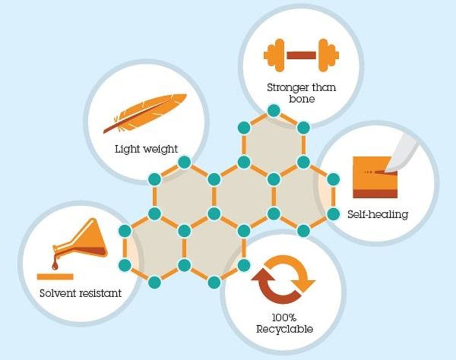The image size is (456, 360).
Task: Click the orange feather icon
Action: tap(145, 113)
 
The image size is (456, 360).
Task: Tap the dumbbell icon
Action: tap(301, 55)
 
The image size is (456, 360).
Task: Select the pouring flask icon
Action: tap(80, 244)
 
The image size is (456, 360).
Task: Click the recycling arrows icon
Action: tap(283, 280)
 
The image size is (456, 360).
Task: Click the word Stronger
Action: tap(288, 88)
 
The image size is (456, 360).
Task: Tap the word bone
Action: tap(302, 99)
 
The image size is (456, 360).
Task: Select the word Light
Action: tap(125, 149)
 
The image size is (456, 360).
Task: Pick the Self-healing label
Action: tap(378, 215)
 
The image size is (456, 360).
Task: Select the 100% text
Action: tap(284, 317)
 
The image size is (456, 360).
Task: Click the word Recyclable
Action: tap(285, 329)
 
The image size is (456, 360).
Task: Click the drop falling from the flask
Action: tap(55, 265)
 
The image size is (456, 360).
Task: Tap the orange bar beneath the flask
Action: tap(55, 277)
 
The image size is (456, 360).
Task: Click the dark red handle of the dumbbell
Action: tap(301, 55)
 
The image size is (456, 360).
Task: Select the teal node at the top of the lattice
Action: tap(274, 110)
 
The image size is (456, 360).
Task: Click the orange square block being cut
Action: tap(375, 178)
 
